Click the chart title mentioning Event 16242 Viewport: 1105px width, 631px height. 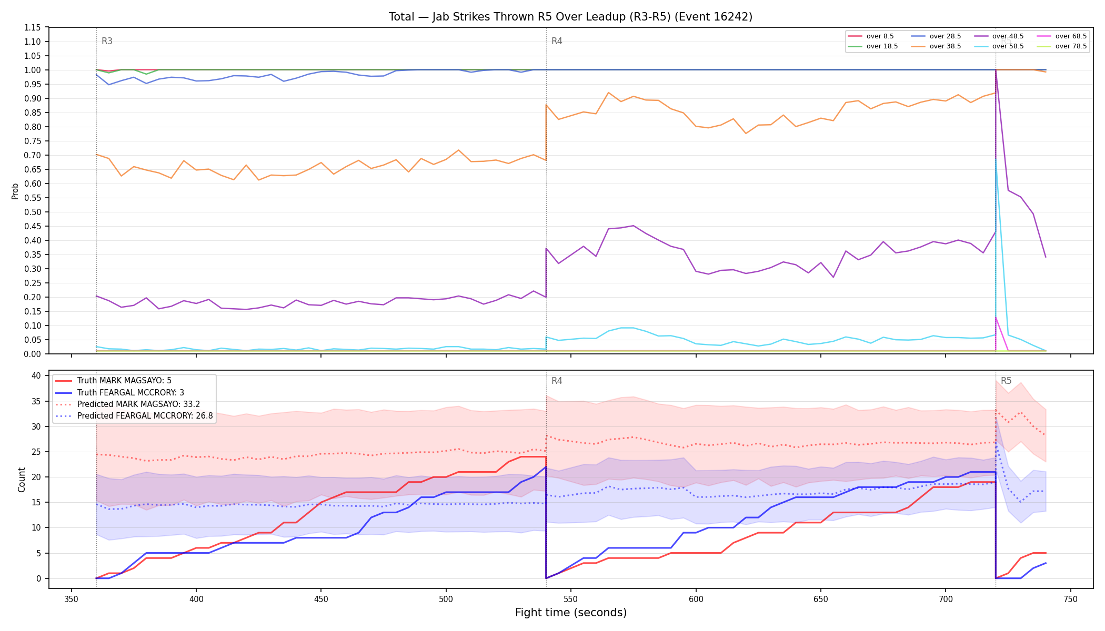pyautogui.click(x=570, y=17)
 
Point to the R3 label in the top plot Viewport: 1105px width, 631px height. pyautogui.click(x=107, y=41)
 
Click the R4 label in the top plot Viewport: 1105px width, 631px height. pyautogui.click(x=557, y=41)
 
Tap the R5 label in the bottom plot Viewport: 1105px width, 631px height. pyautogui.click(x=1006, y=381)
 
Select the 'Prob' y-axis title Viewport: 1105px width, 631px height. pyautogui.click(x=15, y=191)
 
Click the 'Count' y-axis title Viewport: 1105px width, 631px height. pyautogui.click(x=22, y=480)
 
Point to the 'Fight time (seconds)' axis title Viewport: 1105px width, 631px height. pyautogui.click(x=571, y=613)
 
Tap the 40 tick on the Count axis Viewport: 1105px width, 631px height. pyautogui.click(x=36, y=375)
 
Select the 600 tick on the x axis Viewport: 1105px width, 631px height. pyautogui.click(x=696, y=599)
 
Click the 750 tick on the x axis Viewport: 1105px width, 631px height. pyautogui.click(x=1070, y=599)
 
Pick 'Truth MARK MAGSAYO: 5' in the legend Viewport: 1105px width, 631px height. pyautogui.click(x=124, y=381)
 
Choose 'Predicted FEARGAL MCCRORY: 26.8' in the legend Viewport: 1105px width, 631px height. pyautogui.click(x=145, y=416)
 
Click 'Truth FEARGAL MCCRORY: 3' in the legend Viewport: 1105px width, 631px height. pyautogui.click(x=130, y=392)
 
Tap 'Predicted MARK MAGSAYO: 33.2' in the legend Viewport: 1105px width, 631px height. pyautogui.click(x=139, y=404)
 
